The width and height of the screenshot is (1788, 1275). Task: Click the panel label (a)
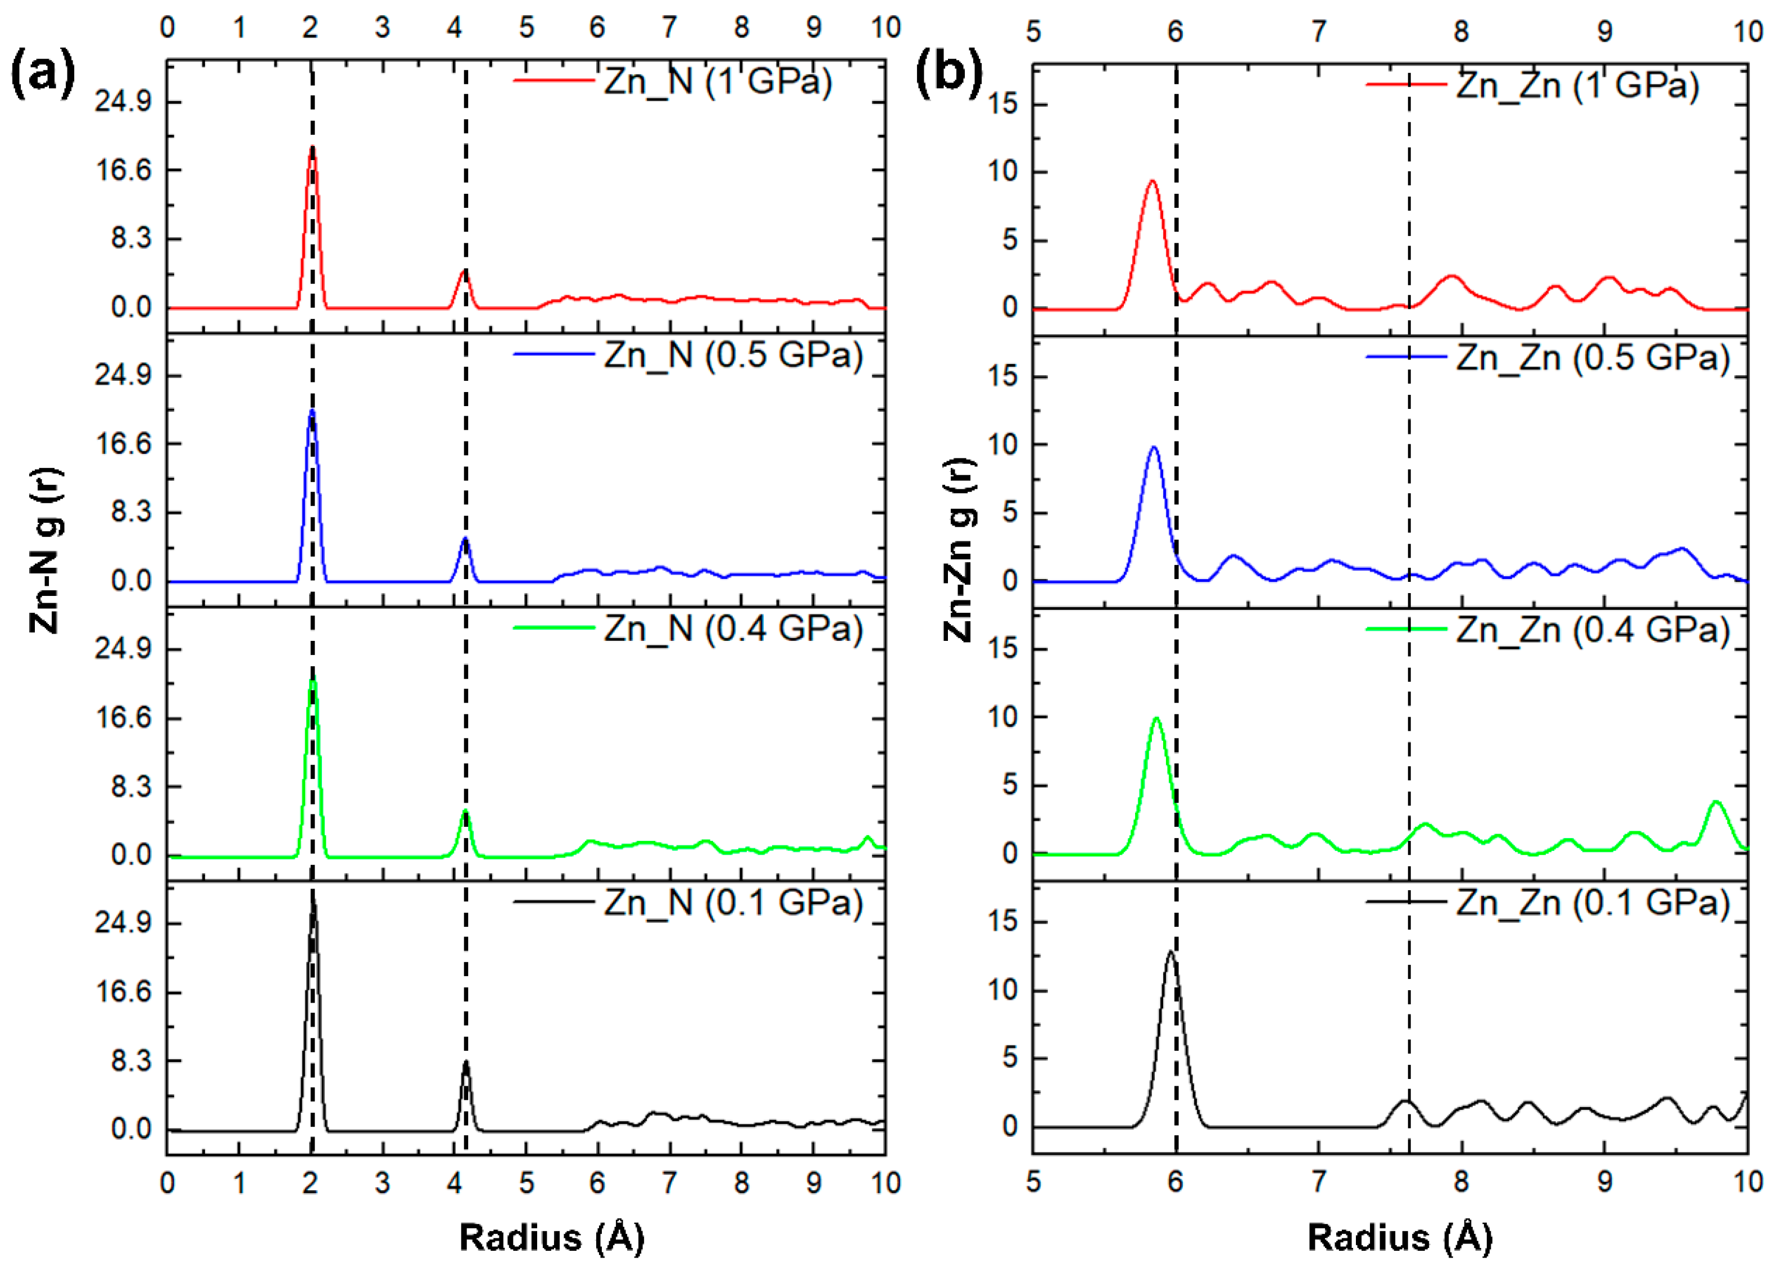(x=43, y=75)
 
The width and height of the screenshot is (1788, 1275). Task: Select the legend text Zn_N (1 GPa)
(x=717, y=81)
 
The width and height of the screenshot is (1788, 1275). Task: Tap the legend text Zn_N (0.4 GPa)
(x=733, y=629)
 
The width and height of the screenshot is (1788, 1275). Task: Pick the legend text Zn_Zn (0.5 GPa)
(x=1592, y=358)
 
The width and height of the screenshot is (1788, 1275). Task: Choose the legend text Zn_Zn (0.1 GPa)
(x=1592, y=903)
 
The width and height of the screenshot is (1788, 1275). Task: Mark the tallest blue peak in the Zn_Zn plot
(x=1154, y=448)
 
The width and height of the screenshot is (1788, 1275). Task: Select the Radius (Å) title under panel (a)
(x=551, y=1238)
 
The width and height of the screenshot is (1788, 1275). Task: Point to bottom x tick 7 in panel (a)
(x=669, y=1182)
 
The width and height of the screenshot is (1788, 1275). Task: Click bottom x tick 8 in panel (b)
(x=1460, y=1182)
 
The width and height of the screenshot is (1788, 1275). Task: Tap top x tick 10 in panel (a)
(x=885, y=28)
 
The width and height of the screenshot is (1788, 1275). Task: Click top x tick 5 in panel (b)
(x=1033, y=32)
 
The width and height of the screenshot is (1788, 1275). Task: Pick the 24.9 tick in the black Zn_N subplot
(x=123, y=922)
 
